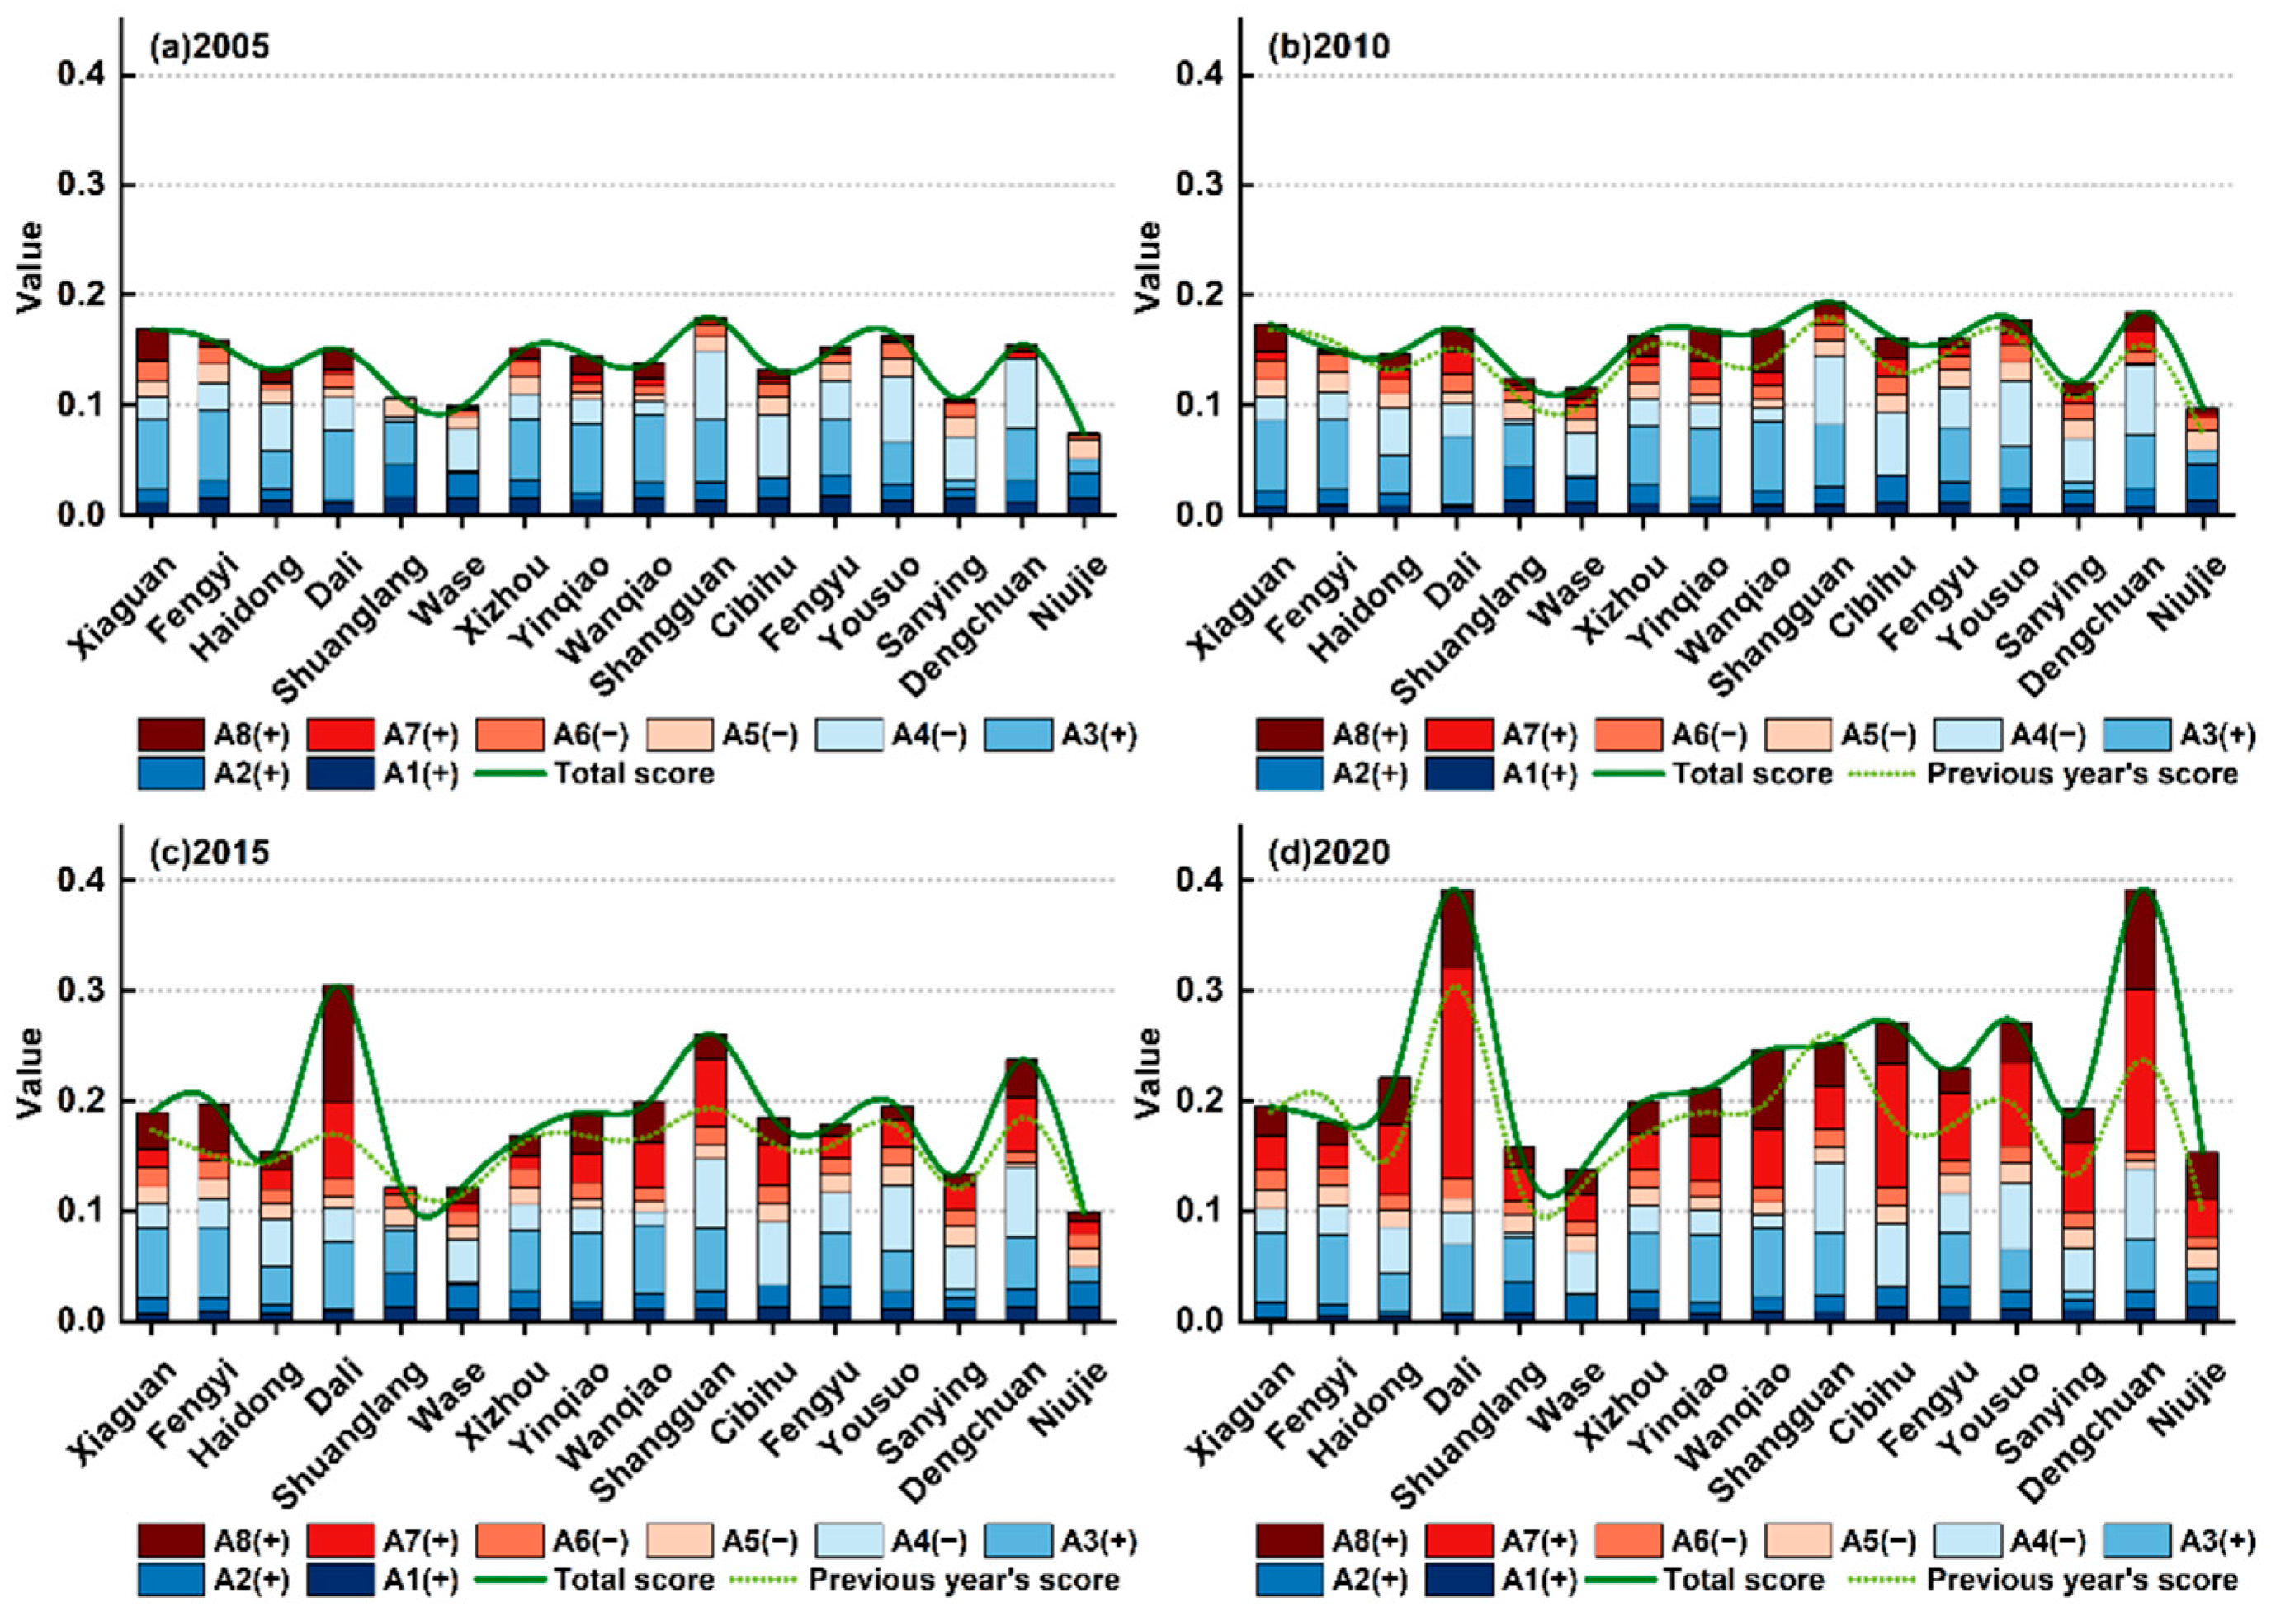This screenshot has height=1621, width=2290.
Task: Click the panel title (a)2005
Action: coord(209,47)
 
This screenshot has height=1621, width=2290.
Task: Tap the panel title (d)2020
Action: coord(1328,853)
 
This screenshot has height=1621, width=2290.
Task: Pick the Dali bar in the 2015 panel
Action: coord(338,1152)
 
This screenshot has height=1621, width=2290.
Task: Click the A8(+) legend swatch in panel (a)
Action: coord(171,735)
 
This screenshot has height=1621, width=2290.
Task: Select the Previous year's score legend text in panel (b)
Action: coord(2081,773)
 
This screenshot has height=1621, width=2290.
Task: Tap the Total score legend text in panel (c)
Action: coord(634,1580)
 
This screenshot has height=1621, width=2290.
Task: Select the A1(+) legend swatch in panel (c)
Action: coord(339,1580)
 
